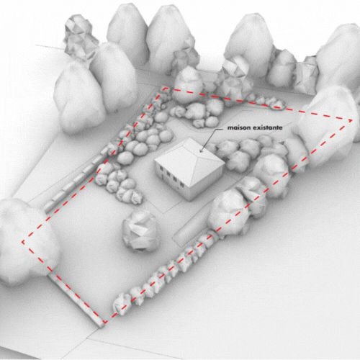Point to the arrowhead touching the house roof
(201, 151)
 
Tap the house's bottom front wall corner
(190, 201)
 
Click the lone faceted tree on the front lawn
(140, 231)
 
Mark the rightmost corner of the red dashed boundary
(351, 120)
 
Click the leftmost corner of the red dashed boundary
(23, 242)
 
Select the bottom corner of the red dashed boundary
(104, 322)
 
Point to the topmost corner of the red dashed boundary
(165, 89)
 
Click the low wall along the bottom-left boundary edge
(76, 301)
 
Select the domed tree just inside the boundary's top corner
(188, 85)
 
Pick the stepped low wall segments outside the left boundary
(77, 178)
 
